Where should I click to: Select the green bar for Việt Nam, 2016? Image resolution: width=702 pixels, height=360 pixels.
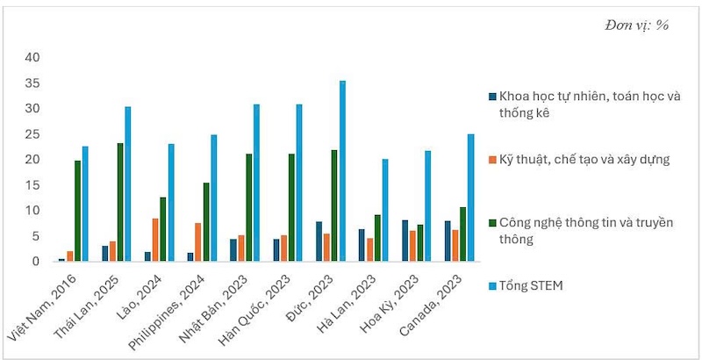click(x=77, y=211)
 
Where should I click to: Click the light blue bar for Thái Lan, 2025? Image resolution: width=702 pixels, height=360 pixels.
click(x=128, y=184)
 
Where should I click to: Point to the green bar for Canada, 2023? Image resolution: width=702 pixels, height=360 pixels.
click(x=462, y=234)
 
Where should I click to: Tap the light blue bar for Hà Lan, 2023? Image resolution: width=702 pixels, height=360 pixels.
click(x=385, y=210)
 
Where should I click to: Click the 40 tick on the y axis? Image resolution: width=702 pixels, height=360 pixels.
click(x=32, y=58)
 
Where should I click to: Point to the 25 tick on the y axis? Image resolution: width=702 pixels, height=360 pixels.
click(x=32, y=134)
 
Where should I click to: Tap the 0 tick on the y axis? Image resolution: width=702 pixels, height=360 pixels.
click(x=36, y=262)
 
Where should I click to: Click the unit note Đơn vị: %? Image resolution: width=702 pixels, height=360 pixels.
click(x=636, y=25)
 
